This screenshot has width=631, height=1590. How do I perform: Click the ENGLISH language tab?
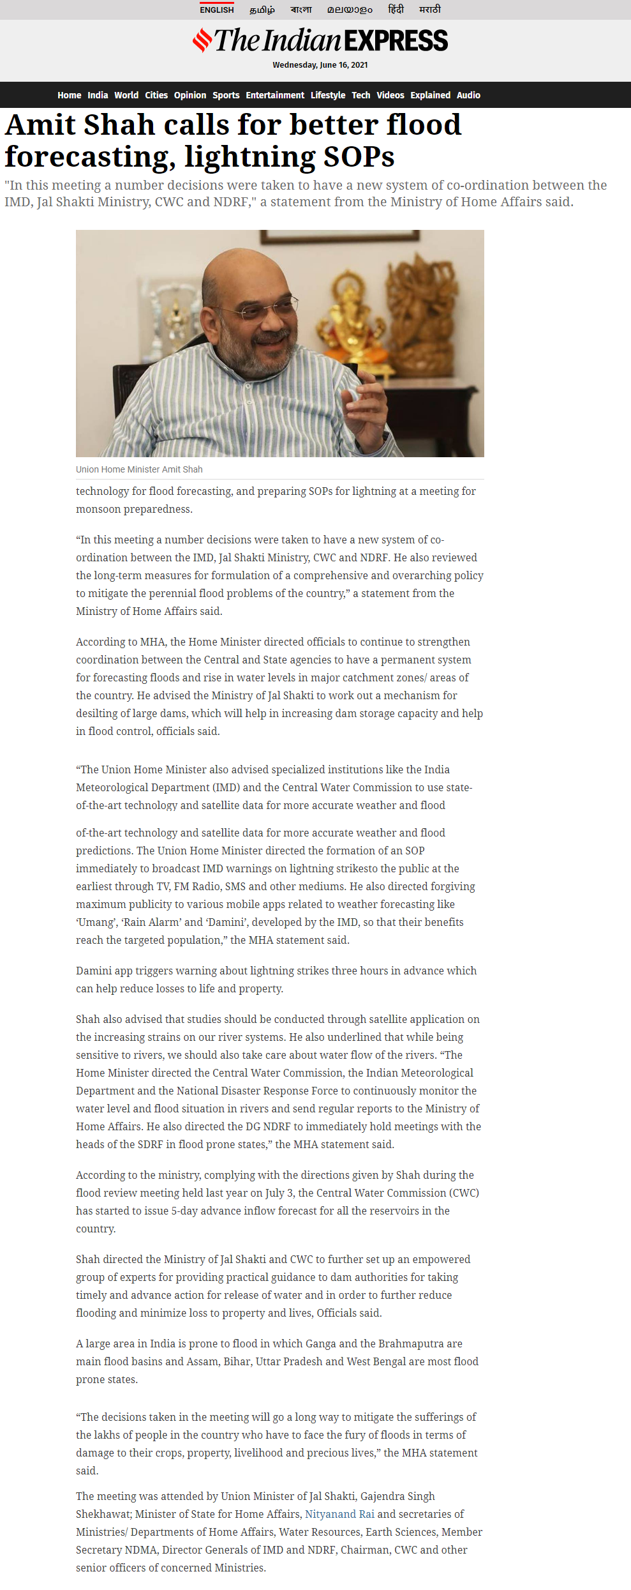click(x=217, y=10)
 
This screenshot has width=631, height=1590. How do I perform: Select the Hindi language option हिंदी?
click(x=396, y=10)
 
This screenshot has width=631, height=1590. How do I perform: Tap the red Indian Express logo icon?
click(x=202, y=40)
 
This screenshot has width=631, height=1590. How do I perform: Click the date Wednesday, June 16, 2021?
click(x=320, y=65)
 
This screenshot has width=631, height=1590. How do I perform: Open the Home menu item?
click(x=69, y=95)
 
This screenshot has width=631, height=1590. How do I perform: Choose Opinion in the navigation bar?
click(x=190, y=95)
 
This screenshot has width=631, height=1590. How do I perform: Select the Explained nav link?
click(x=430, y=95)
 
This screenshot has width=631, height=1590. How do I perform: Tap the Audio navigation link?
click(x=468, y=95)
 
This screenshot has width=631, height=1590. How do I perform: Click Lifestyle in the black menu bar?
click(x=328, y=95)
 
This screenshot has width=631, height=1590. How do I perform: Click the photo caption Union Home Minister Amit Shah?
click(x=139, y=469)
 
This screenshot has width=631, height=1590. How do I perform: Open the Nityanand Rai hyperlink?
click(x=339, y=1514)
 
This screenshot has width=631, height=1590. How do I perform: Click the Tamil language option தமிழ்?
click(x=262, y=10)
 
